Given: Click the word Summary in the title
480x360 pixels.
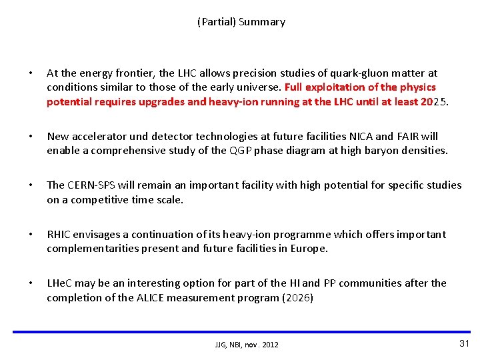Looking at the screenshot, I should pos(262,22).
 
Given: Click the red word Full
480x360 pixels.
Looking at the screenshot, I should pos(295,87).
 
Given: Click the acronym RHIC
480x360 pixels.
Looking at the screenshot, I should pos(59,234).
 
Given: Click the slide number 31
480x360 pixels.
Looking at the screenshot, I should pos(465,343).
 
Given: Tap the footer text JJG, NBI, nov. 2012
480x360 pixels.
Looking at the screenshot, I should pos(247,345).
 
